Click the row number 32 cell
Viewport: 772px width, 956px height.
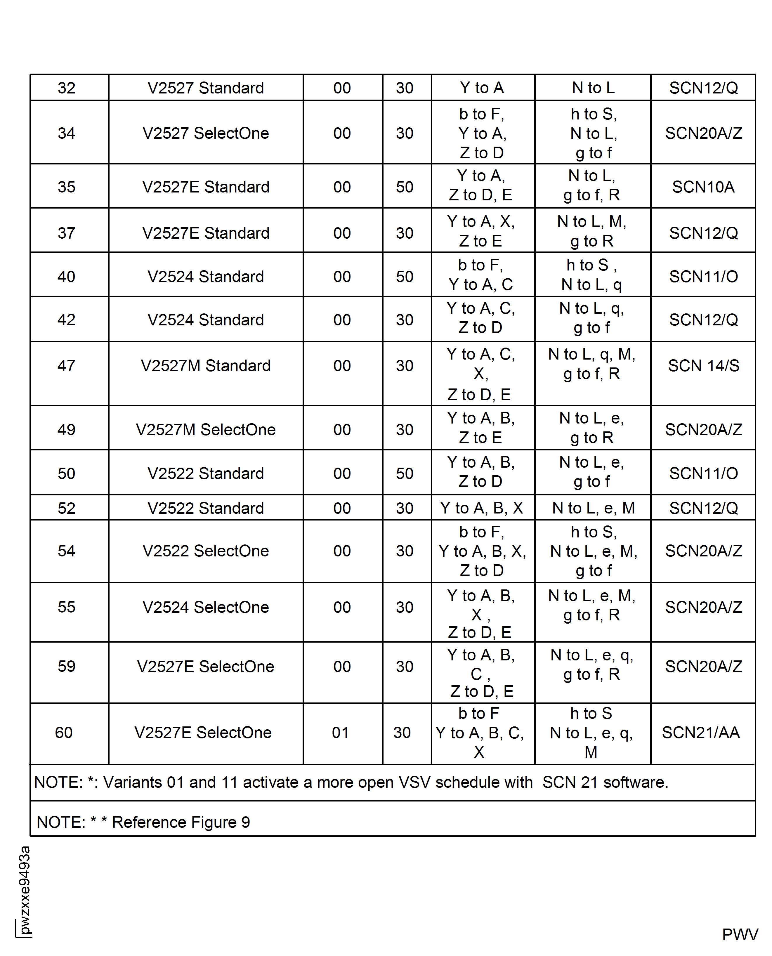tap(66, 88)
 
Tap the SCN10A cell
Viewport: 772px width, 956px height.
tap(703, 187)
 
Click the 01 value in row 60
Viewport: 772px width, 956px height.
tap(340, 732)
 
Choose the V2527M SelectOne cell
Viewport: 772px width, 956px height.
tap(205, 430)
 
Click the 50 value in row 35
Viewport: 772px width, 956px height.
tap(405, 187)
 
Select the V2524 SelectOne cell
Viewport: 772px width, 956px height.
tap(205, 607)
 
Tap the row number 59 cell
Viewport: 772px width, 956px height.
tap(66, 666)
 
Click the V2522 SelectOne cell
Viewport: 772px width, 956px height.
tap(205, 551)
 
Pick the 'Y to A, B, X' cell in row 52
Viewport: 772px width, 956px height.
tap(482, 508)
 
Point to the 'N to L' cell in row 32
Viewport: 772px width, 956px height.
tap(593, 88)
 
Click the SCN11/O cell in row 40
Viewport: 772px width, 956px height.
tap(703, 277)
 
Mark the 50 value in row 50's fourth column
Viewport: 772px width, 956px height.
tap(405, 473)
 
